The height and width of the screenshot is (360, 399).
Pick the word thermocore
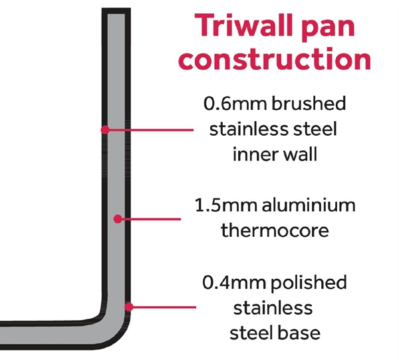[275, 231]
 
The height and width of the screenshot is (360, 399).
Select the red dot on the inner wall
[104, 130]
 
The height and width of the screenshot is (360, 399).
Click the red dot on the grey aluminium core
[116, 218]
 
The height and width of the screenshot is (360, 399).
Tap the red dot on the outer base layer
[130, 307]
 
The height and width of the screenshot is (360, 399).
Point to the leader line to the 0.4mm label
[163, 307]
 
